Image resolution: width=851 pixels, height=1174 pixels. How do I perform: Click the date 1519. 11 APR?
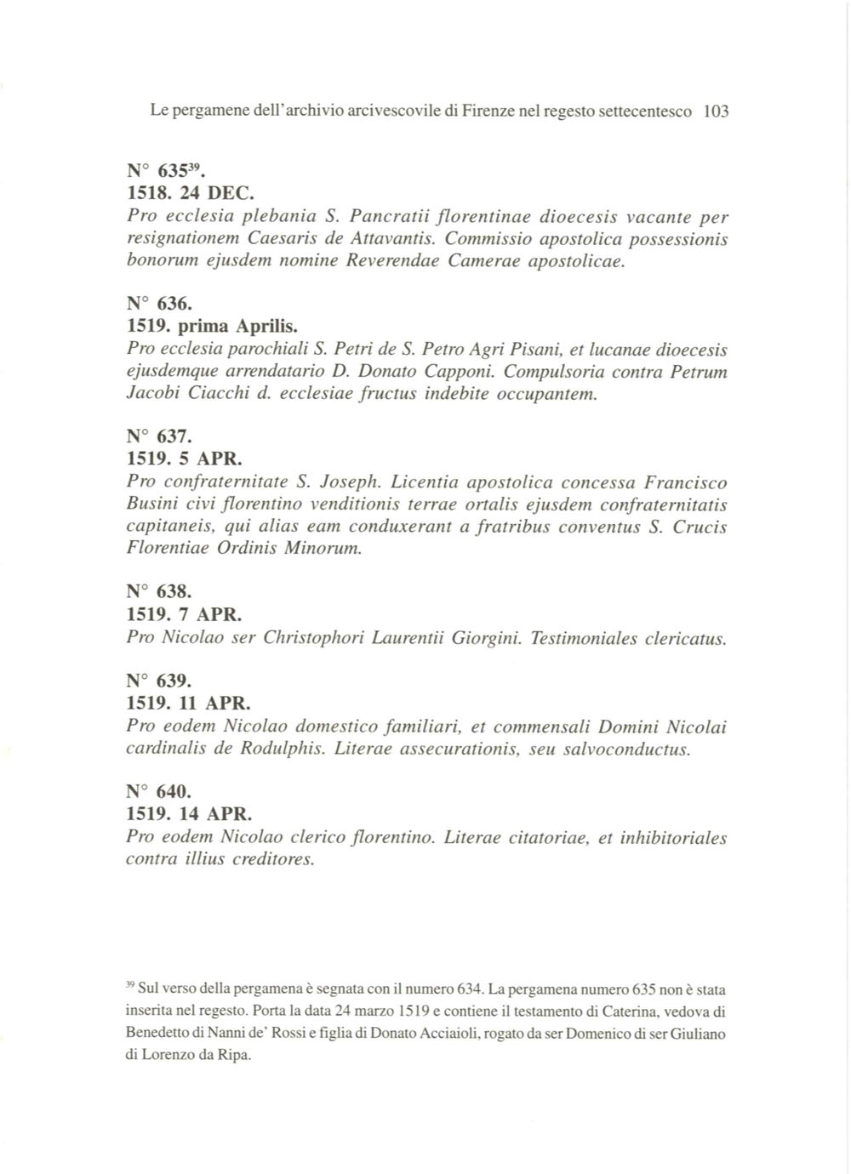(x=189, y=704)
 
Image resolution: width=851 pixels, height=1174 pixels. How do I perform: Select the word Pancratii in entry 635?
(x=388, y=217)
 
